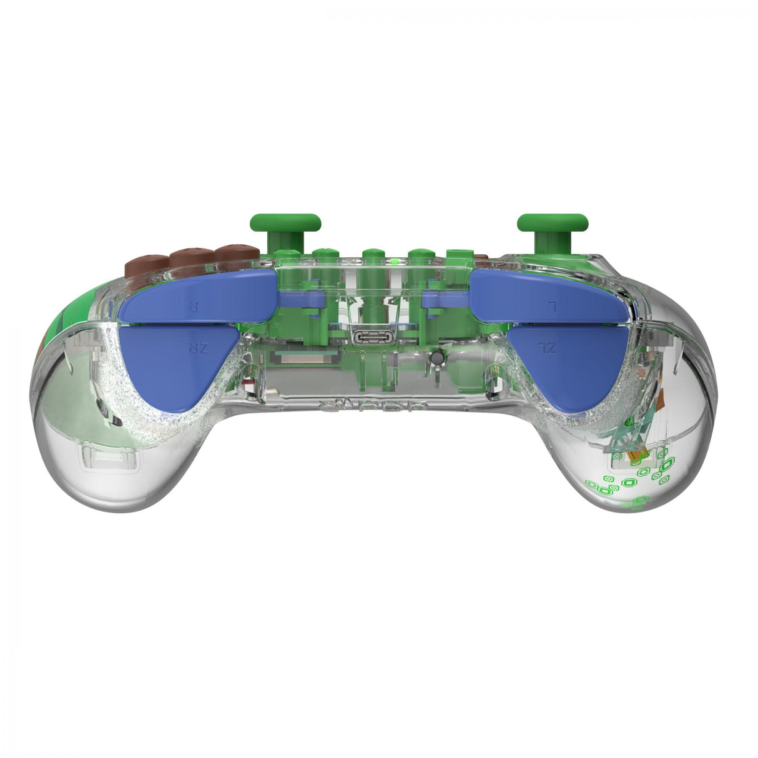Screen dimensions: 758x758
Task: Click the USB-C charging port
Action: click(x=373, y=337)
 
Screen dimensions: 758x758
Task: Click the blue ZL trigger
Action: click(x=565, y=362)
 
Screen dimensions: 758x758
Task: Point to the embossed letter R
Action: click(x=193, y=307)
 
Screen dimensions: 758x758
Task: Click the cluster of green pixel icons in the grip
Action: click(x=631, y=478)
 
